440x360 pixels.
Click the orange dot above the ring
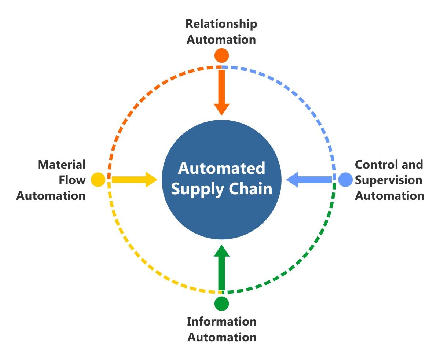click(x=221, y=55)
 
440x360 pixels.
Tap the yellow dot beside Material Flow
click(x=98, y=180)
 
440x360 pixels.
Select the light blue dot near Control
click(x=345, y=180)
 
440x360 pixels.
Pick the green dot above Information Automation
click(x=221, y=304)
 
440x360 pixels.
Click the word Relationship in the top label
click(x=221, y=24)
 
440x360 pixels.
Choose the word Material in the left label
click(x=62, y=164)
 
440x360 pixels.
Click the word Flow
click(x=72, y=180)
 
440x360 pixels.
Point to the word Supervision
click(x=388, y=180)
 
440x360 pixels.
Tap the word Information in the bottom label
click(x=221, y=322)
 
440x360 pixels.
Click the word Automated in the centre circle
click(x=221, y=168)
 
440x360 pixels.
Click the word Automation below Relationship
click(x=221, y=40)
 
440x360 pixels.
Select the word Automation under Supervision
click(x=389, y=195)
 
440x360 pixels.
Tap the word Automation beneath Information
click(x=221, y=337)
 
